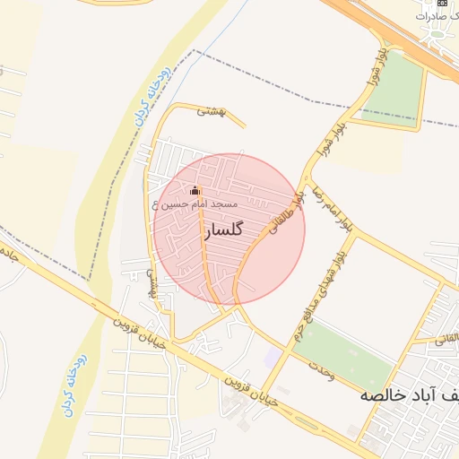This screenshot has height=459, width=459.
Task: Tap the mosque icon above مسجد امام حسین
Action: (195, 190)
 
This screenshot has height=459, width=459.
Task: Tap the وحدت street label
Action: (321, 369)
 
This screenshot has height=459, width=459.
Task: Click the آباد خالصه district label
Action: (409, 394)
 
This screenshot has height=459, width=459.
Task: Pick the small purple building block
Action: (273, 357)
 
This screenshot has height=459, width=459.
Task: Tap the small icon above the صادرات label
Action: (442, 3)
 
